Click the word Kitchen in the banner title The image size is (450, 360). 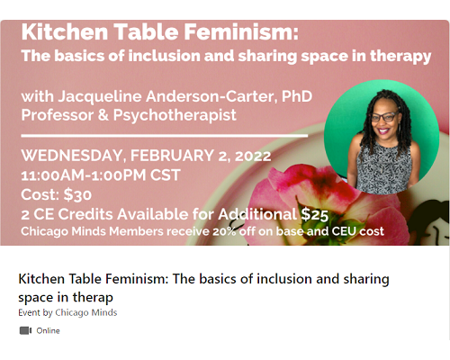pyautogui.click(x=65, y=31)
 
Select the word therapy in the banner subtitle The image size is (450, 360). pyautogui.click(x=400, y=57)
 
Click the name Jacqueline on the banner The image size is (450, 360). pyautogui.click(x=100, y=97)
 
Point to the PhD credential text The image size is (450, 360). pyautogui.click(x=297, y=96)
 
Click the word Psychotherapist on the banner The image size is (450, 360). pyautogui.click(x=175, y=115)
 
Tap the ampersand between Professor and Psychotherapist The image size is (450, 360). pyautogui.click(x=103, y=115)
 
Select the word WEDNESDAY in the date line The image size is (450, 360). pyautogui.click(x=72, y=156)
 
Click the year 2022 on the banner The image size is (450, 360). pyautogui.click(x=253, y=156)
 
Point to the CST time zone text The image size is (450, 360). pyautogui.click(x=166, y=175)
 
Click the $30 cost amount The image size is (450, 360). pyautogui.click(x=77, y=194)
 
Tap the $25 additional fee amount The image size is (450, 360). pyautogui.click(x=315, y=214)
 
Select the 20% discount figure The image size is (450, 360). pyautogui.click(x=224, y=231)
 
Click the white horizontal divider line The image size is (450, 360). pyautogui.click(x=165, y=136)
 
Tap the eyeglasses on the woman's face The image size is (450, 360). pyautogui.click(x=385, y=117)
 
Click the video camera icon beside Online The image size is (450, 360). pyautogui.click(x=25, y=330)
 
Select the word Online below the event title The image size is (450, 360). pyautogui.click(x=48, y=330)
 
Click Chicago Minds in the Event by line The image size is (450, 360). pyautogui.click(x=86, y=312)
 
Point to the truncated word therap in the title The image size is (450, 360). pyautogui.click(x=93, y=298)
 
